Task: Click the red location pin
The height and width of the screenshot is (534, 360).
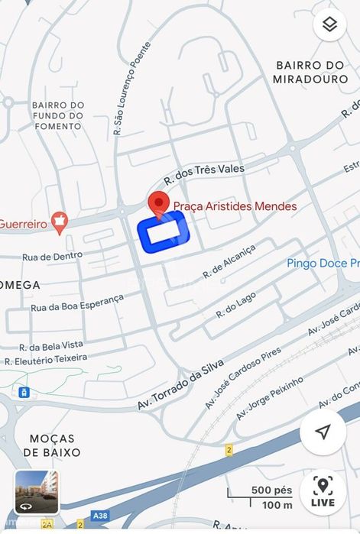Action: [158, 203]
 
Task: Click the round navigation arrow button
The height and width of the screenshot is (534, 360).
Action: [323, 432]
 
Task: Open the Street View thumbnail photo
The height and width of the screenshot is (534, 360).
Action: [37, 491]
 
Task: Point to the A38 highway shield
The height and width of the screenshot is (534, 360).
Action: [100, 516]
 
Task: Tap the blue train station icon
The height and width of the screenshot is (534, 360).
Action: [24, 392]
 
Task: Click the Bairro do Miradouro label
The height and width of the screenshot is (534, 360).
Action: [309, 73]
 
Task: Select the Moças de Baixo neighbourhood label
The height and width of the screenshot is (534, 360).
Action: [53, 445]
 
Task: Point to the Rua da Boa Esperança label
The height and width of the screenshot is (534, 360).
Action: [76, 303]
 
